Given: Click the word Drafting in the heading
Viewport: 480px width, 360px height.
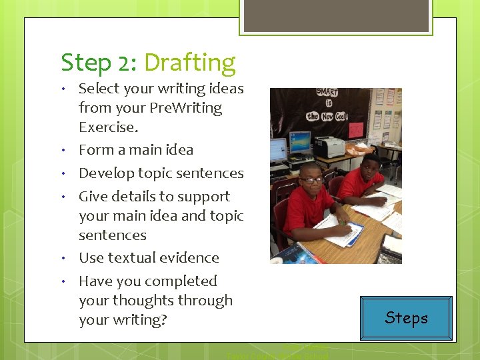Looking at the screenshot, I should (189, 63).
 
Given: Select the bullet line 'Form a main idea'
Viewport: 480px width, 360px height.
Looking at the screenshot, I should (136, 150).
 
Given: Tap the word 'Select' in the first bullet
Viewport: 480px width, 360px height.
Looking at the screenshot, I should (99, 89).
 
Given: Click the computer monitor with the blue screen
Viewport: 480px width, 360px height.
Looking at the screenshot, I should (299, 142).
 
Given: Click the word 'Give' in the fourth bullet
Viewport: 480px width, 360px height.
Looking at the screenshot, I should (94, 197).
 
